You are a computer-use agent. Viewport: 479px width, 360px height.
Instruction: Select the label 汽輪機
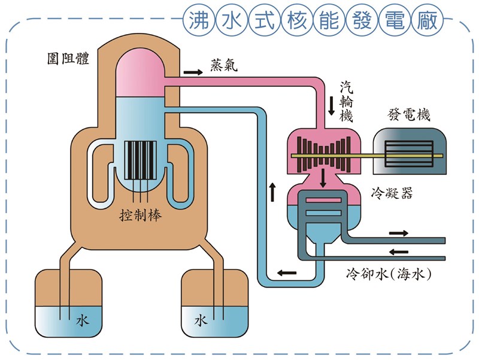[346, 101]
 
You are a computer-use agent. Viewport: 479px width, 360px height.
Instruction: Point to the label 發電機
[410, 115]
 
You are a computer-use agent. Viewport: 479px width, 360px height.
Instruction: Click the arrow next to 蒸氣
[192, 72]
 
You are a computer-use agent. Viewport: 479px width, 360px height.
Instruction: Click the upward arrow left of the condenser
[273, 192]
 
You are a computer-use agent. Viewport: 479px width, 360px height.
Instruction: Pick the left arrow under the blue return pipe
[286, 274]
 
